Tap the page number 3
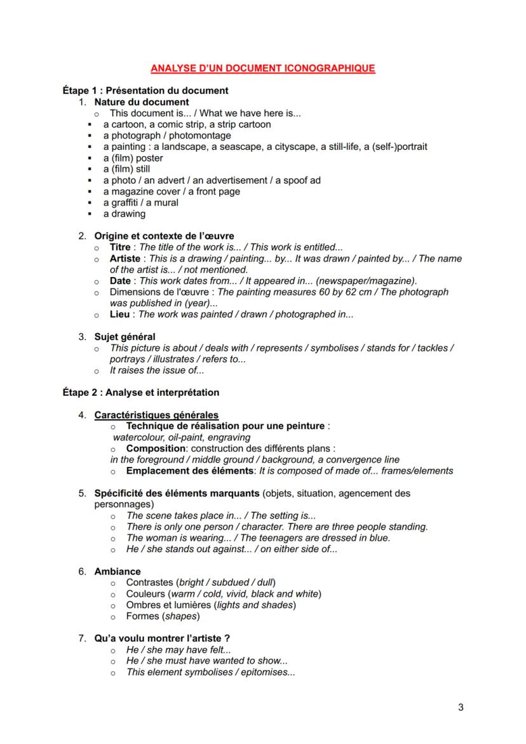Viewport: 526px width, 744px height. click(461, 708)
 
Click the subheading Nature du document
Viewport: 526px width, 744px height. click(142, 102)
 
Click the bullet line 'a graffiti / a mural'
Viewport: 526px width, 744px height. click(140, 203)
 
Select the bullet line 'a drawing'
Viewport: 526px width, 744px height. click(124, 214)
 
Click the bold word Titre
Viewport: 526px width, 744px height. click(120, 247)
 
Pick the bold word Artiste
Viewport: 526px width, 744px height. click(125, 259)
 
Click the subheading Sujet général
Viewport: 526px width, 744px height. click(125, 337)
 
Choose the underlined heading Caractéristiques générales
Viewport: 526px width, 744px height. click(156, 416)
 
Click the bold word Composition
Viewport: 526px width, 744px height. click(153, 449)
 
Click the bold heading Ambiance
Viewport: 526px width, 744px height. click(118, 571)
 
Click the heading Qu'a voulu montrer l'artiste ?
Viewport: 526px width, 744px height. click(162, 639)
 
